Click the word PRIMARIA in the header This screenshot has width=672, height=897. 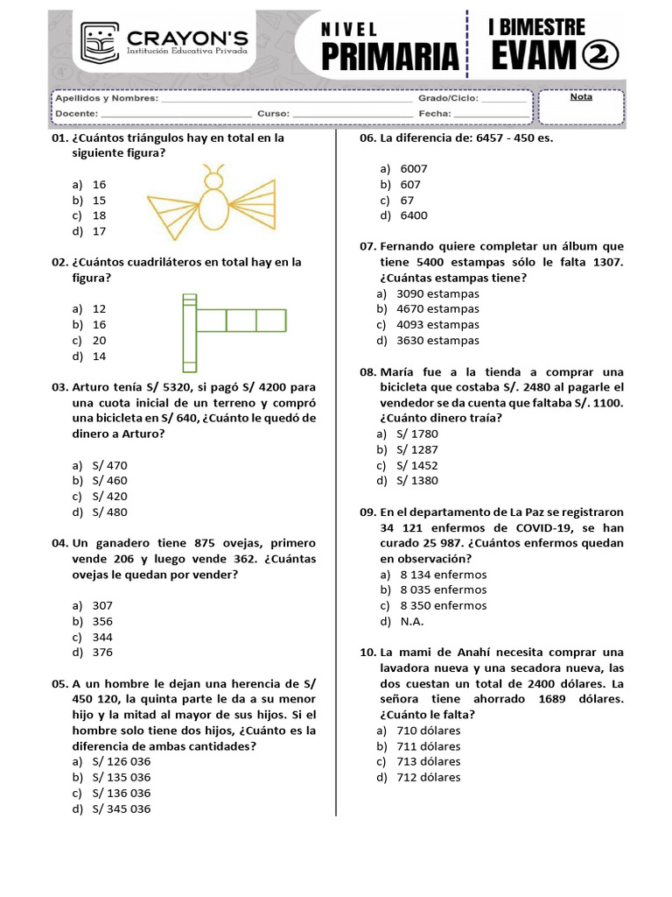(x=390, y=56)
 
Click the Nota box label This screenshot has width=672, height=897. (x=581, y=97)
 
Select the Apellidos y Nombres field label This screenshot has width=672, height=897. (x=106, y=99)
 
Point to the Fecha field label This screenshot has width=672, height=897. (x=434, y=114)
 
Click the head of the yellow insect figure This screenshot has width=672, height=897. (x=211, y=180)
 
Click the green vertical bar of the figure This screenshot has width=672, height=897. (x=188, y=333)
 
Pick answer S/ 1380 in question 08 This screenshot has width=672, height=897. (x=417, y=480)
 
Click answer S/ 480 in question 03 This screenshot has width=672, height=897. (x=110, y=512)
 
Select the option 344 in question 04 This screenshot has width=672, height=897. (x=102, y=637)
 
